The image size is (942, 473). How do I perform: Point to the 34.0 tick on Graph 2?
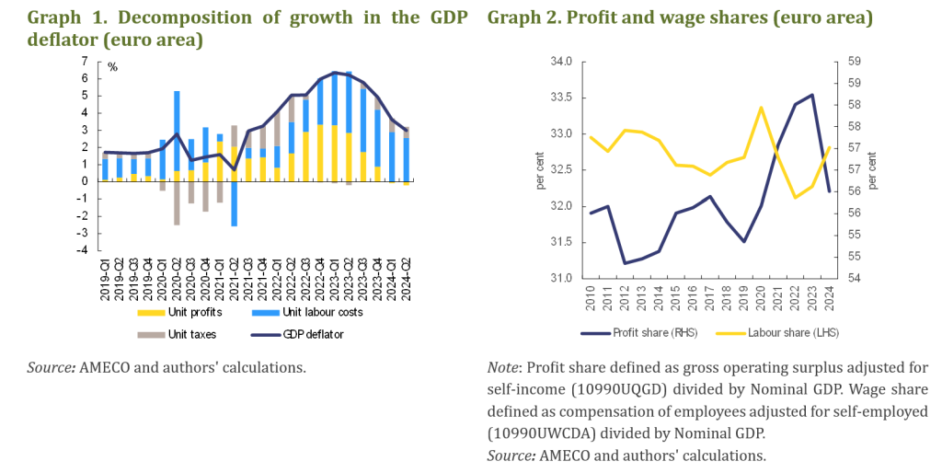click(x=560, y=63)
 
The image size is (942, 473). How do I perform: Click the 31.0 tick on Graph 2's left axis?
click(x=560, y=278)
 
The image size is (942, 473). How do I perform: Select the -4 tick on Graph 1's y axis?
click(x=83, y=250)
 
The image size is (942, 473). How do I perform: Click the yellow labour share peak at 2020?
click(x=762, y=108)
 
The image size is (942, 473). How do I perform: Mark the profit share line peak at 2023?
click(x=812, y=95)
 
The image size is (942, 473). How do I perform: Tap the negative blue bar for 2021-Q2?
click(x=234, y=203)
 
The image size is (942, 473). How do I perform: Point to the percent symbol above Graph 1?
click(x=113, y=67)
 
